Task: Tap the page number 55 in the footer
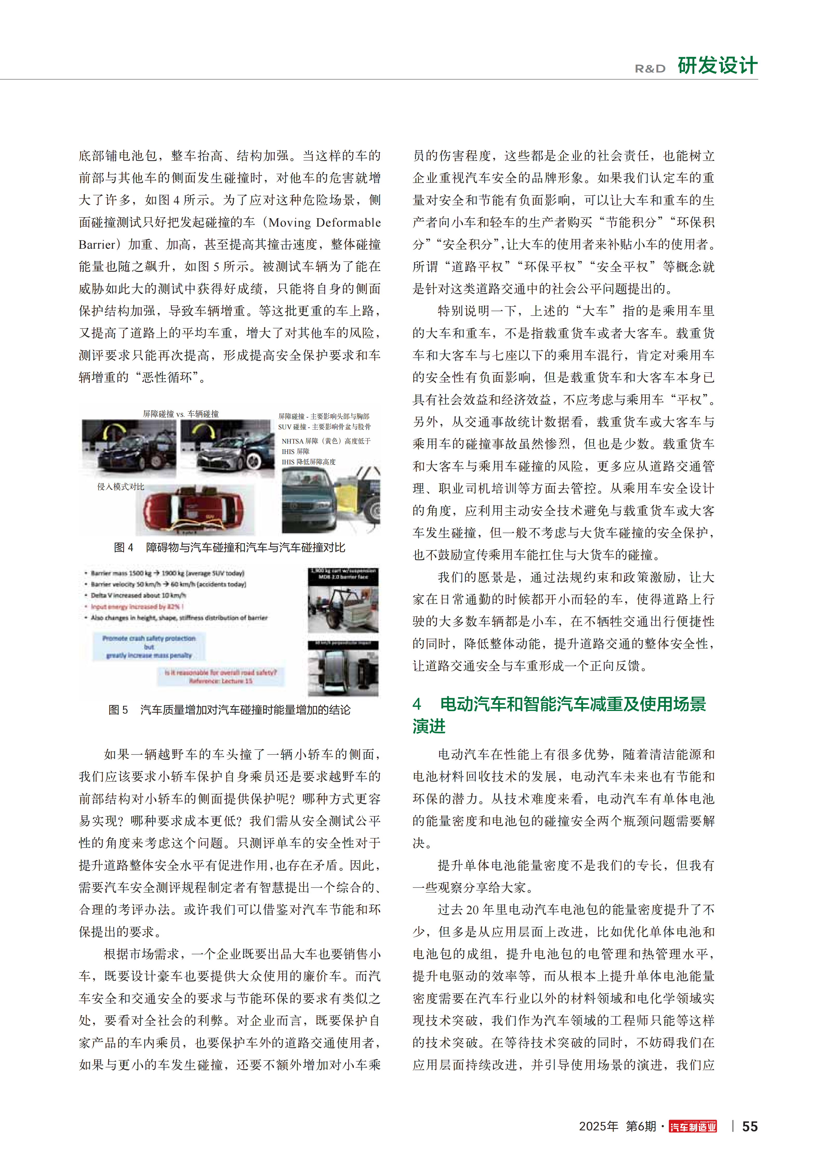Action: click(x=750, y=1126)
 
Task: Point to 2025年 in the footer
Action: click(x=598, y=1126)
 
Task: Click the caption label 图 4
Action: click(x=123, y=548)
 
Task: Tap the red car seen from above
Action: click(x=193, y=510)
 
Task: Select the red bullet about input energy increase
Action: click(x=136, y=606)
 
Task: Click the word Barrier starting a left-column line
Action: click(x=97, y=245)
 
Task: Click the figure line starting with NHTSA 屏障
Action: click(x=326, y=441)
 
